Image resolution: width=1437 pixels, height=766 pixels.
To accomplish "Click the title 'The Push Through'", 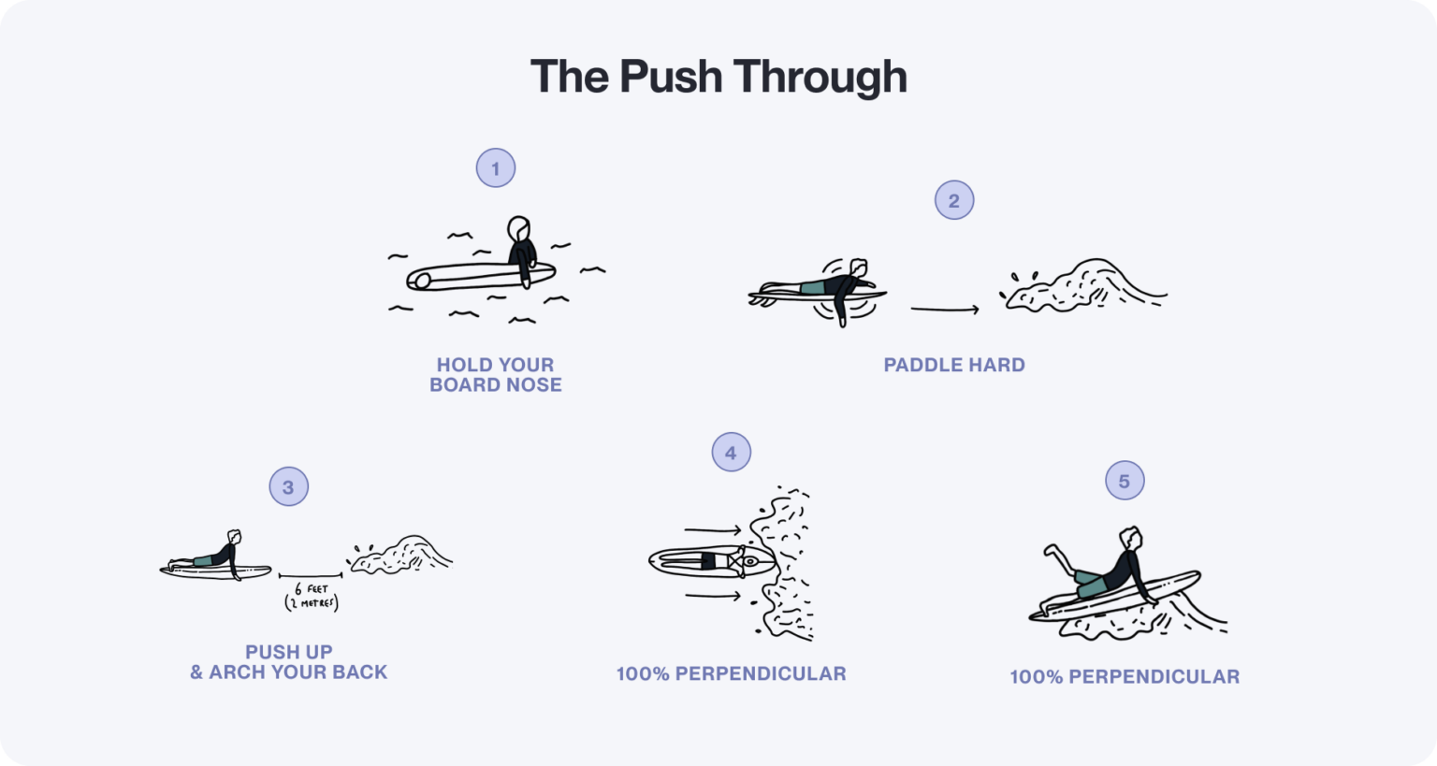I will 718,77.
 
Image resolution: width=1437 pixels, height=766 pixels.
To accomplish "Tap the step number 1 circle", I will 496,168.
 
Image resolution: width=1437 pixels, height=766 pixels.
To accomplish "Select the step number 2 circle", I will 954,200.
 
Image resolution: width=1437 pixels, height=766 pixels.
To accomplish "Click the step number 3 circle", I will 288,486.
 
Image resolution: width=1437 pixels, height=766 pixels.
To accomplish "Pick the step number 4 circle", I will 731,453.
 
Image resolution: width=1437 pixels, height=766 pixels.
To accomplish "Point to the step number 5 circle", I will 1125,481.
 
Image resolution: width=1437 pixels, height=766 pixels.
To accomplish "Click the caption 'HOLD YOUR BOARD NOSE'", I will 496,375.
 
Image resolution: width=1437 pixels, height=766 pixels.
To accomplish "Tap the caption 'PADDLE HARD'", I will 954,365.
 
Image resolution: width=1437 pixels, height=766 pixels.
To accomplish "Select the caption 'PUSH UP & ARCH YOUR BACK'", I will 288,662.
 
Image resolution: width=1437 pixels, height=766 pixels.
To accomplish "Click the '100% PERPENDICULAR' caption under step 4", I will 731,673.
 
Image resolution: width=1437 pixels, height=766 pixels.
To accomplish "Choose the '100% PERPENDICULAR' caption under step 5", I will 1125,676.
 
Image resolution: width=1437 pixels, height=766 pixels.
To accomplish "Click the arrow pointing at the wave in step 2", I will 945,309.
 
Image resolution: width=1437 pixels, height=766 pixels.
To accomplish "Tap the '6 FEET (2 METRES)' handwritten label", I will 312,596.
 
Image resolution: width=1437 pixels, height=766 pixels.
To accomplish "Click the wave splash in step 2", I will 1085,285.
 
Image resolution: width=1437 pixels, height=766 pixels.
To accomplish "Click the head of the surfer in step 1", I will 518,228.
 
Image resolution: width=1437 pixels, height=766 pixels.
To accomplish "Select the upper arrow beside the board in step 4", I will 713,530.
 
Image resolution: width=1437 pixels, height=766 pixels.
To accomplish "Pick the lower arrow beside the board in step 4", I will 713,595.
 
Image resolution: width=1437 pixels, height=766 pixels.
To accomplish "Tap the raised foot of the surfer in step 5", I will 1051,552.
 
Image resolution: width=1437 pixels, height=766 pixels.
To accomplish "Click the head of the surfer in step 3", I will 234,537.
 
